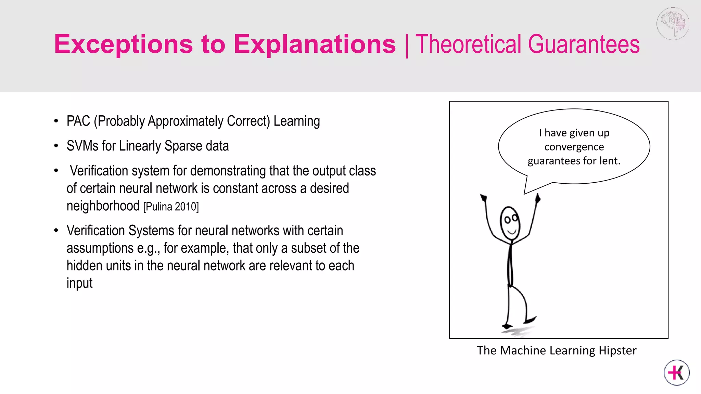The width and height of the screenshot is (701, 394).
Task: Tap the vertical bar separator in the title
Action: [x=407, y=45]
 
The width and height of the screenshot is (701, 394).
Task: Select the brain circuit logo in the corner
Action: [x=673, y=23]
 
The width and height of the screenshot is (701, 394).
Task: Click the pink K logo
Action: [x=677, y=372]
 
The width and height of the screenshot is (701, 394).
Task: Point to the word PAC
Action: [x=78, y=121]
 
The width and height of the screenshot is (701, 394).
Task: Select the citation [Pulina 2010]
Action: [x=171, y=207]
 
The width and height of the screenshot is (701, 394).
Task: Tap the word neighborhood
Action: [x=103, y=206]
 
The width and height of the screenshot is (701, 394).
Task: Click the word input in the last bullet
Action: [x=79, y=283]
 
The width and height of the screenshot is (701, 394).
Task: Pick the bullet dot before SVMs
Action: [x=56, y=146]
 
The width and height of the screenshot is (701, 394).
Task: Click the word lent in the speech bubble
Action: [x=610, y=161]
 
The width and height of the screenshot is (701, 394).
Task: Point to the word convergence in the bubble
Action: [x=574, y=147]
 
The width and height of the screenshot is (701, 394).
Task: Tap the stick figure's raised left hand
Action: [x=484, y=198]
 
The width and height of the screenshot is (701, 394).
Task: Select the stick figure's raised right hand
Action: [x=538, y=198]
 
